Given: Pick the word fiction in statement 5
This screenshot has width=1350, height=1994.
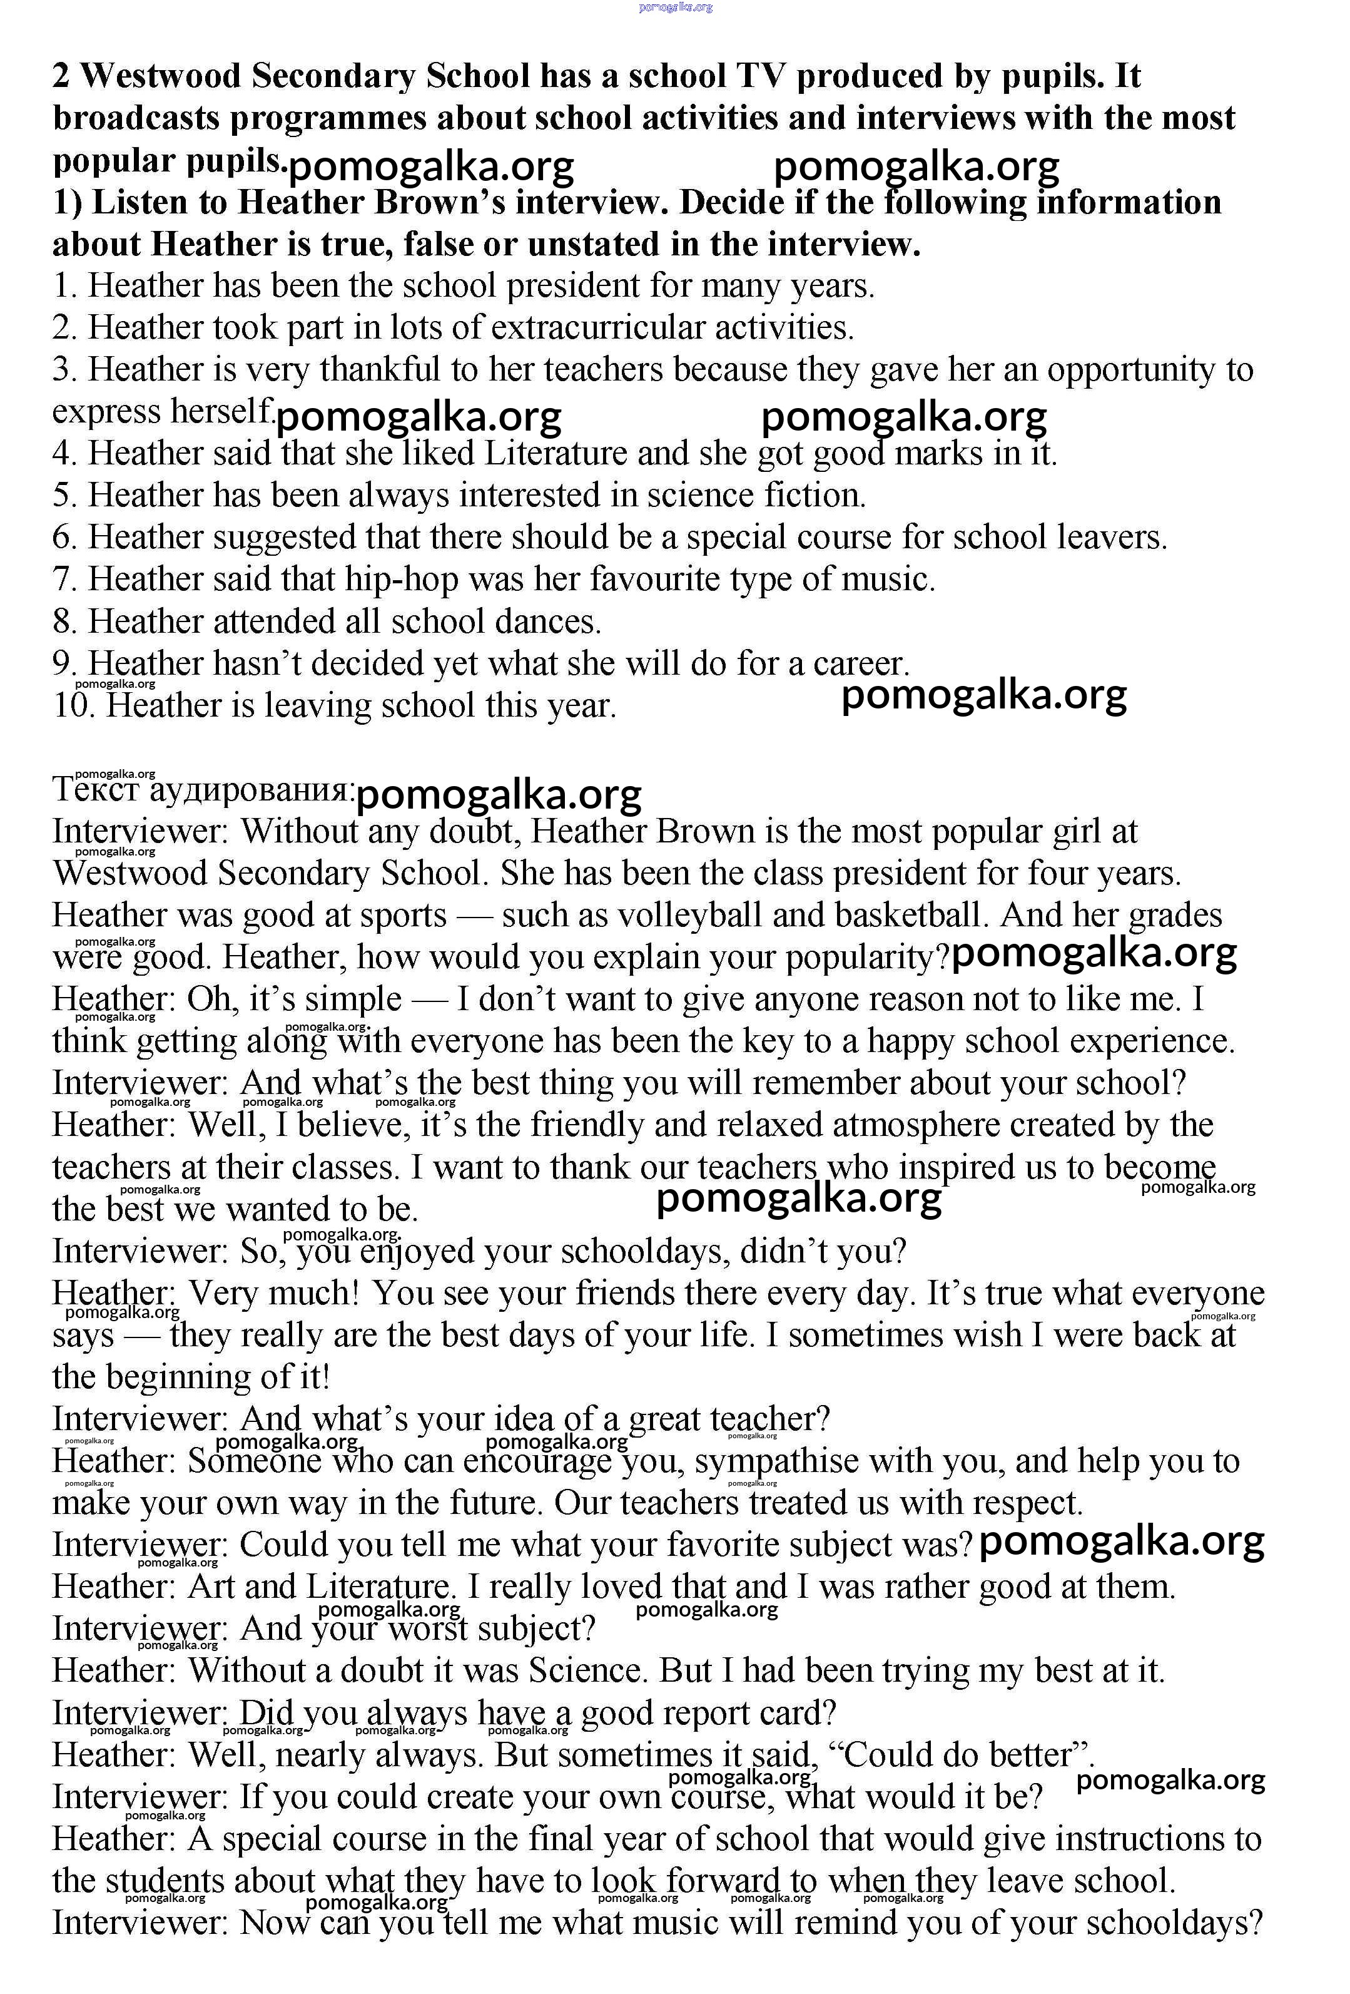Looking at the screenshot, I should click(x=812, y=496).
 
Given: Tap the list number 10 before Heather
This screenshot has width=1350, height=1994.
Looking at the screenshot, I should click(x=74, y=705).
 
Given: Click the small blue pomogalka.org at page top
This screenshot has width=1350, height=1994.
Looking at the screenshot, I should click(x=675, y=8).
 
